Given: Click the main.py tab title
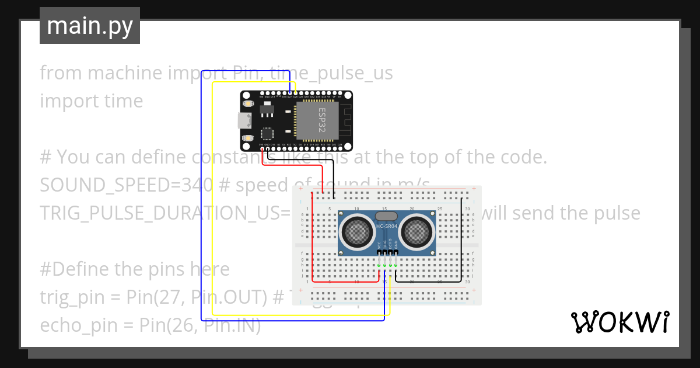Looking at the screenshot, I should point(89,26).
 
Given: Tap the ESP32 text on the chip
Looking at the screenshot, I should point(322,120).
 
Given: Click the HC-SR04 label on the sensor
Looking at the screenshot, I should point(387,226).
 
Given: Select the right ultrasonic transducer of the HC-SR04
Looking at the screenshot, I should point(418,232).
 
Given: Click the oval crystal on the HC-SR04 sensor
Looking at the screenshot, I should point(387,216).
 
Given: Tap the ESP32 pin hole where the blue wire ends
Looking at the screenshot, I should point(290,93).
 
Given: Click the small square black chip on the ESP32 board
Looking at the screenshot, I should point(267,134).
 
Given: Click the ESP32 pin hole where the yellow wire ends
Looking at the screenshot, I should point(295,93).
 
